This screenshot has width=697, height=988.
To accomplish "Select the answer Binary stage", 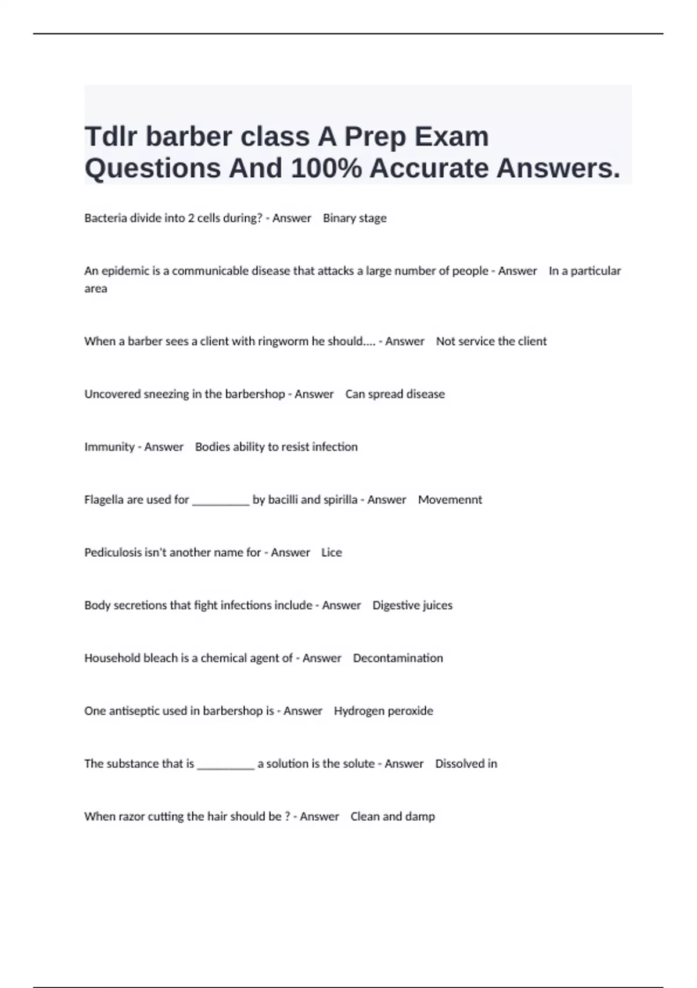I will (354, 218).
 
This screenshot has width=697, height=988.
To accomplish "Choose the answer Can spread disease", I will (395, 394).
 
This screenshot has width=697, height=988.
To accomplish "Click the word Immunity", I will (109, 447).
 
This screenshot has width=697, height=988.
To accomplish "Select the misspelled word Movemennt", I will (450, 500).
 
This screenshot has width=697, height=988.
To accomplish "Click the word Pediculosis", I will (113, 553).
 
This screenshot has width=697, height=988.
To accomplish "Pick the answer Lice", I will (332, 553).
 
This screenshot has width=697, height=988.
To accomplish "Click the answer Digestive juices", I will (412, 606).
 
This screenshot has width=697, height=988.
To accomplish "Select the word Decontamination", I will (398, 658).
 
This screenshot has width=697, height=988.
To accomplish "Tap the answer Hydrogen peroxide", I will (383, 711).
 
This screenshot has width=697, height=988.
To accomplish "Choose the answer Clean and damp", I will (393, 817).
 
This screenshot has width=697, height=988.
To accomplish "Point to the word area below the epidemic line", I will (96, 289).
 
